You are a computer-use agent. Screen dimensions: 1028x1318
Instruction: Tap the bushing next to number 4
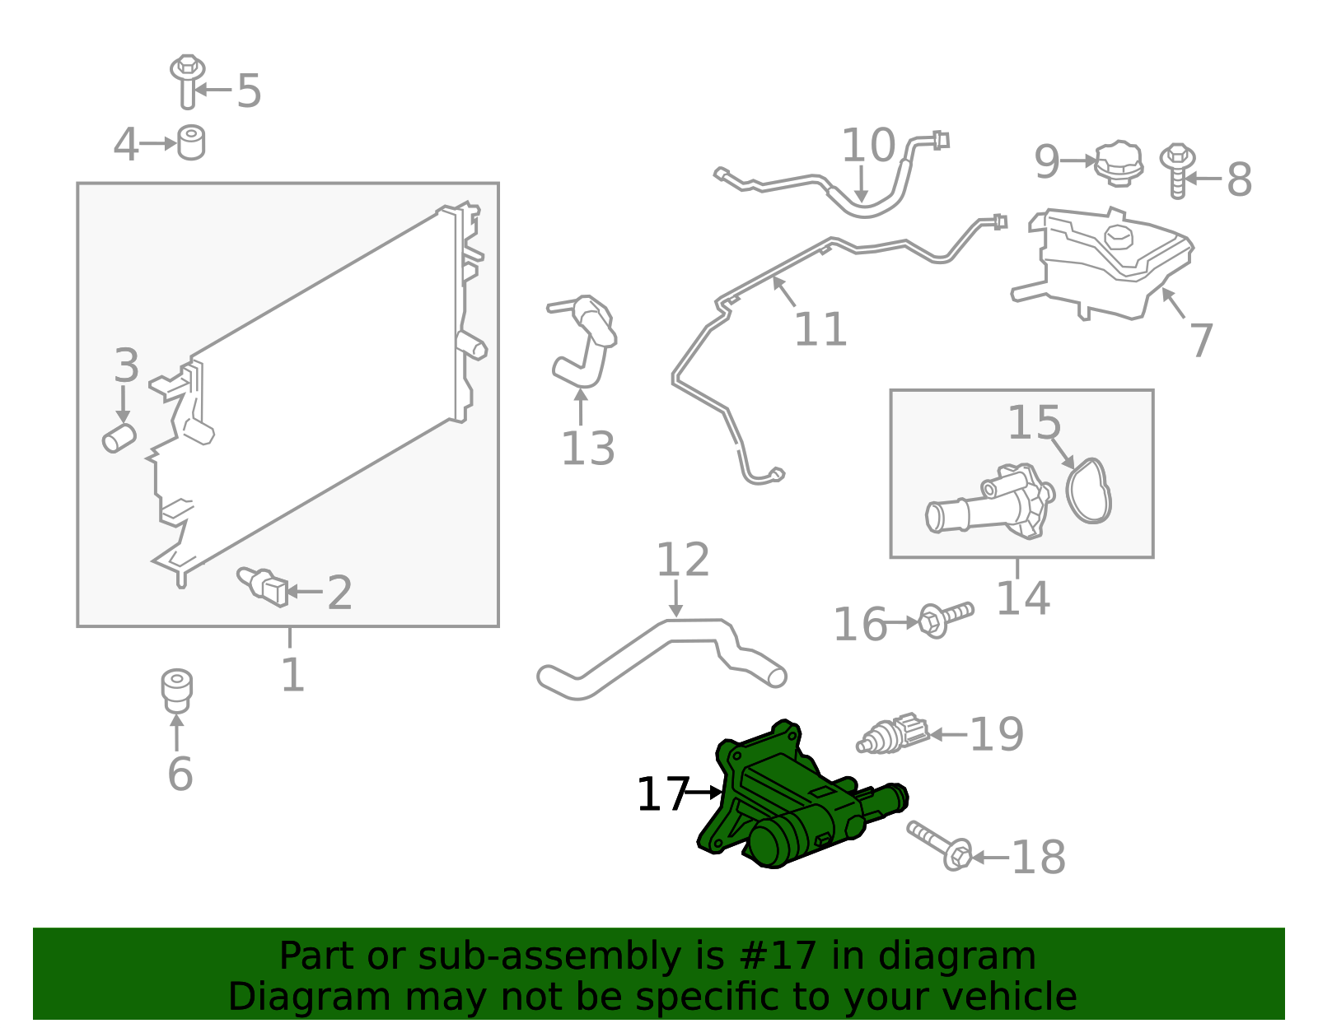coord(191,142)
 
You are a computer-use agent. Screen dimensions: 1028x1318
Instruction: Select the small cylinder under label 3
coord(119,438)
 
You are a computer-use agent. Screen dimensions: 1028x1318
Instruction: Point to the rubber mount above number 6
coord(176,690)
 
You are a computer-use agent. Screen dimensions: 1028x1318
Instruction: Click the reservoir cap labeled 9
coord(1119,163)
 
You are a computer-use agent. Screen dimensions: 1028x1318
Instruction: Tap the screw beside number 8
coord(1177,170)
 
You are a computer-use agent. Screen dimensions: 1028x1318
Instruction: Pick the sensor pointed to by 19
coord(894,733)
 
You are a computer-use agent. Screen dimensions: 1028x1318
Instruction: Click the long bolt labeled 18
coord(940,845)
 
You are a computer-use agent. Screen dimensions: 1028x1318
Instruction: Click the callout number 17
coord(662,794)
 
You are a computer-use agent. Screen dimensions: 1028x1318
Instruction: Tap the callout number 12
coord(682,560)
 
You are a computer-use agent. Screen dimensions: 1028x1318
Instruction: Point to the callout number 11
coord(820,329)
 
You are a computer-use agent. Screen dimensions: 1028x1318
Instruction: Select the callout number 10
coord(867,146)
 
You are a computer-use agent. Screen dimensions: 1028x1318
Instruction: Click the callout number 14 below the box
coord(1022,598)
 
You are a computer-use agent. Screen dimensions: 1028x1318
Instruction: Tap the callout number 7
coord(1202,340)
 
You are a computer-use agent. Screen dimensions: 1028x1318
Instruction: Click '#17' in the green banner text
coord(778,956)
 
